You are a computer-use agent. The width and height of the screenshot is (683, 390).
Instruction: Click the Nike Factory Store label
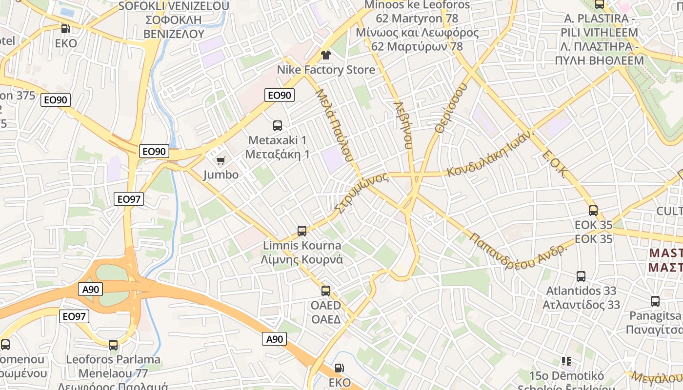(326, 70)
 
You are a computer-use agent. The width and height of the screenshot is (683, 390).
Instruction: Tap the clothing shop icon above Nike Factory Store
(326, 55)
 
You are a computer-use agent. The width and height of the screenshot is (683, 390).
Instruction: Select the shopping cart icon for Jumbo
(221, 160)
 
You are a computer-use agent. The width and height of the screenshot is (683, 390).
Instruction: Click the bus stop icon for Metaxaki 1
(278, 126)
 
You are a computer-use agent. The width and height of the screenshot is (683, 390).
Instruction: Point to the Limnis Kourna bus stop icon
(302, 231)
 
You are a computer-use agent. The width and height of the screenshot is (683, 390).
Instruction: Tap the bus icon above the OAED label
(326, 291)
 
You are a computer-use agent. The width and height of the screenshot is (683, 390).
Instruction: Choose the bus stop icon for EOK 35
(593, 211)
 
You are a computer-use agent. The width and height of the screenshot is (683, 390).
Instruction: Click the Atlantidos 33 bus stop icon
(581, 276)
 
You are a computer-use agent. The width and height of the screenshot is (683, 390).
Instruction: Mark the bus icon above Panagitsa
(655, 301)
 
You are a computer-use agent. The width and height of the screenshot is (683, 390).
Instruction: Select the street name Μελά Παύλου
(334, 125)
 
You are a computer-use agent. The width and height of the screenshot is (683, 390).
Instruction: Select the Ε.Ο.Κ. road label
(556, 165)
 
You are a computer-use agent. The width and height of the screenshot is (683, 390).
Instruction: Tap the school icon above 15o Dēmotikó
(566, 361)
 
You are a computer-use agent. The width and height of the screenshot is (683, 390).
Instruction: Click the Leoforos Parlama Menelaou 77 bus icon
(113, 345)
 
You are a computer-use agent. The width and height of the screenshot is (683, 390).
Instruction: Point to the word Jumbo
(221, 175)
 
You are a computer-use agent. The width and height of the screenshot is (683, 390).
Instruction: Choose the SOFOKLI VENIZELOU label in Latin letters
(174, 6)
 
